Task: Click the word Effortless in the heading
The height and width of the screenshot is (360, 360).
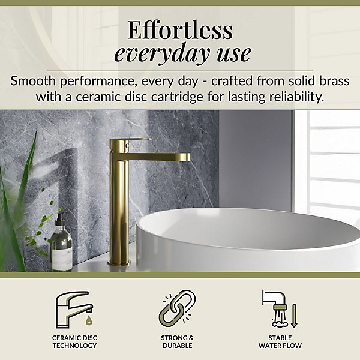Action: [180, 30]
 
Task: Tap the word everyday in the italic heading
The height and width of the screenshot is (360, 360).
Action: [162, 54]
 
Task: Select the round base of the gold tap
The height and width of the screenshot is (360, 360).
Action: [119, 263]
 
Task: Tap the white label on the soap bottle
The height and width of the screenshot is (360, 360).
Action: [62, 257]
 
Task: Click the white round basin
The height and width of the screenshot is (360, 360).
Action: [248, 239]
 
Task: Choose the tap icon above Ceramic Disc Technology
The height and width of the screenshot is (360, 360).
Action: [74, 310]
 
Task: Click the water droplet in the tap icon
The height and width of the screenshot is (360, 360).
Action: [89, 320]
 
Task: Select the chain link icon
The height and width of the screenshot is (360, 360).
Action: [177, 309]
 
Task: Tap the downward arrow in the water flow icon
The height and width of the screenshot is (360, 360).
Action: [294, 316]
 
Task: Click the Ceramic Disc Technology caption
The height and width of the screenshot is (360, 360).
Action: [74, 341]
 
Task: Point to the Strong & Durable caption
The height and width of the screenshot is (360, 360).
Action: [177, 341]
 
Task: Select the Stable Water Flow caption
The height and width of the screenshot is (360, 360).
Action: [280, 341]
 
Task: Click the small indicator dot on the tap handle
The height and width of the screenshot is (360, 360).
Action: [126, 145]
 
